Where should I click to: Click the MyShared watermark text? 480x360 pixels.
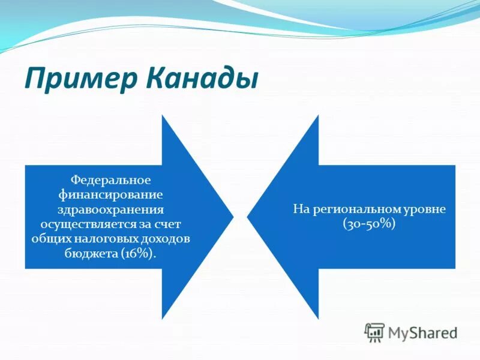point(422,332)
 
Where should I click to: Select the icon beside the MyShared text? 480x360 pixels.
point(374,332)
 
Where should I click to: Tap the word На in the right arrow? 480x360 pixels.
point(300,209)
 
